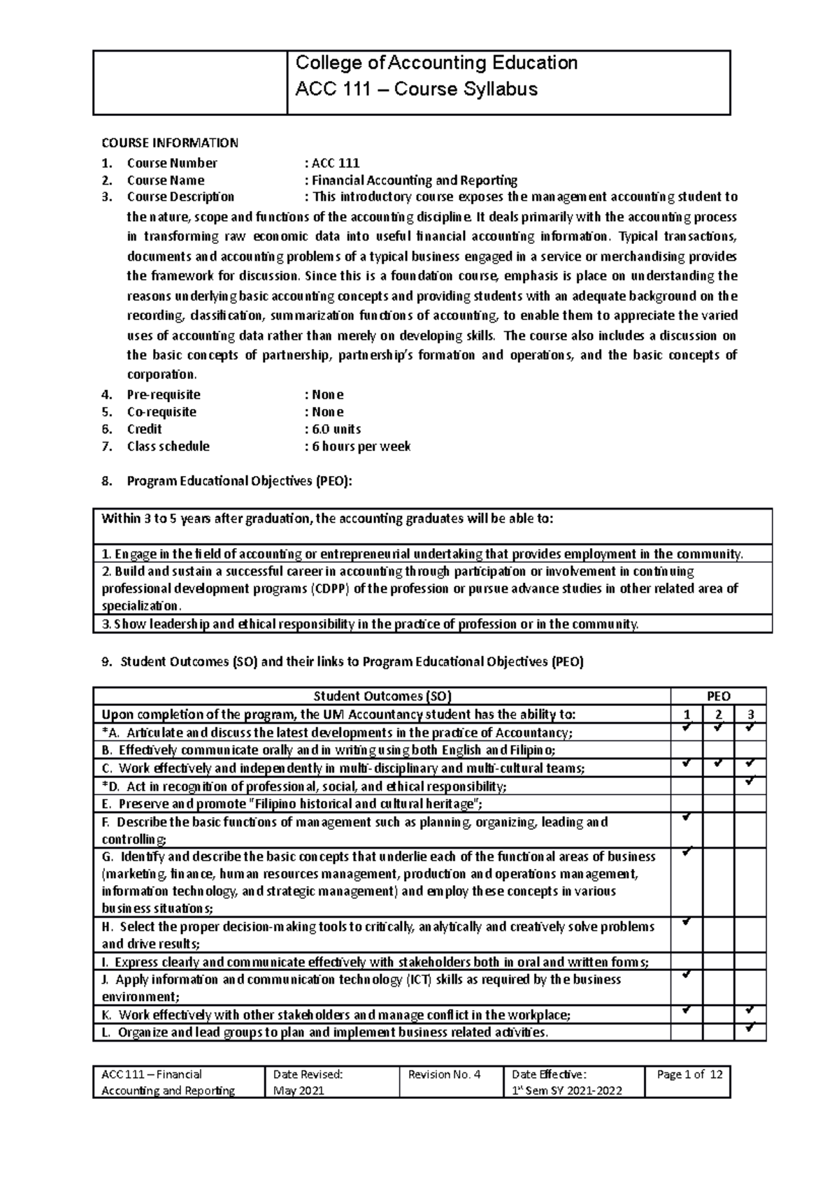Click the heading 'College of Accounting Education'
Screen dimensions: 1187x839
pyautogui.click(x=436, y=64)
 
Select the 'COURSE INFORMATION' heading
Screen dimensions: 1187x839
pyautogui.click(x=170, y=143)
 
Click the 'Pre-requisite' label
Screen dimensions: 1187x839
pyautogui.click(x=163, y=395)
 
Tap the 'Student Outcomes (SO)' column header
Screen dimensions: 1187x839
pyautogui.click(x=382, y=696)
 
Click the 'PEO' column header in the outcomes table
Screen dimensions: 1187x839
pyautogui.click(x=718, y=696)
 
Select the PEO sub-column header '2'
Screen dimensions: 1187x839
pyautogui.click(x=719, y=714)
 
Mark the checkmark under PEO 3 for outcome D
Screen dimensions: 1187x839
pyautogui.click(x=750, y=782)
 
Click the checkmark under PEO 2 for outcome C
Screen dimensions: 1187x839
pyautogui.click(x=719, y=764)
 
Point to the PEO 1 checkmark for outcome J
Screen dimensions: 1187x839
pyautogui.click(x=687, y=974)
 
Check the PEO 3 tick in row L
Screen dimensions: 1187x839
pyautogui.click(x=750, y=1028)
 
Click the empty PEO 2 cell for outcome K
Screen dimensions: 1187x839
pyautogui.click(x=719, y=1014)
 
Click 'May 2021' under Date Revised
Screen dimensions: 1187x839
pyautogui.click(x=299, y=1091)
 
